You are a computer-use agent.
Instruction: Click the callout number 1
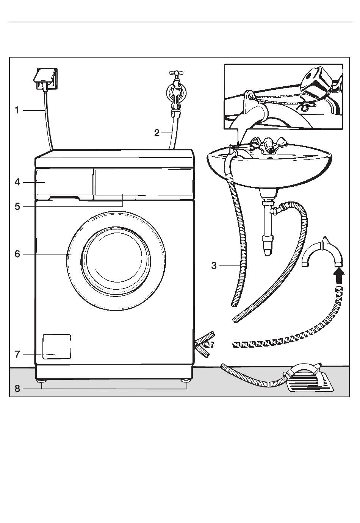[x=17, y=110]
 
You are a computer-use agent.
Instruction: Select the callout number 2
[x=157, y=133]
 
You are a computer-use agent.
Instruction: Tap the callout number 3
[x=214, y=266]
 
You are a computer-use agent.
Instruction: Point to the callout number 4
[x=17, y=182]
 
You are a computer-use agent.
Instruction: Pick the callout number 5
[x=17, y=207]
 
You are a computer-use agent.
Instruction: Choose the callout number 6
[x=17, y=254]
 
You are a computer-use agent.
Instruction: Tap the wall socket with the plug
[x=45, y=79]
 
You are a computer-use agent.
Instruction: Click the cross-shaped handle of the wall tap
[x=176, y=73]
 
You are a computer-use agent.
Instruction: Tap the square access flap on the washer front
[x=57, y=347]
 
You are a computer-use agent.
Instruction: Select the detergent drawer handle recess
[x=64, y=198]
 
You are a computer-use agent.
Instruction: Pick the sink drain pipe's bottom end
[x=268, y=253]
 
